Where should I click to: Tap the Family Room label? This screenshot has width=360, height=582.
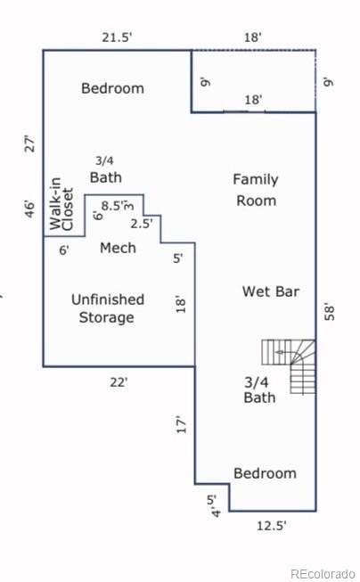256,190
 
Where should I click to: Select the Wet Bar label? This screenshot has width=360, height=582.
271,291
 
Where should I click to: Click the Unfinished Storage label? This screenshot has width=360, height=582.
107,308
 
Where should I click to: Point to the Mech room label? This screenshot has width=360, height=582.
118,247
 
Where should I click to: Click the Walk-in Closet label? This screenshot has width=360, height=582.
61,203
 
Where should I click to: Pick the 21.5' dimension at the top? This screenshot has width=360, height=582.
117,37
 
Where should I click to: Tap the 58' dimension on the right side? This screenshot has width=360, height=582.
331,312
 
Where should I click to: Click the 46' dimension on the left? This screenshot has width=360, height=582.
29,209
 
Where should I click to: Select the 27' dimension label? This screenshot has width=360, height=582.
29,143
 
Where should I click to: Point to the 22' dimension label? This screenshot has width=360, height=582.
118,381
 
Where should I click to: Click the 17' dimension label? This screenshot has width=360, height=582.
181,424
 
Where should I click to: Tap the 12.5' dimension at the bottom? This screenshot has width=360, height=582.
271,526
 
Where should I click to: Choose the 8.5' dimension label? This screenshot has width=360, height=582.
113,206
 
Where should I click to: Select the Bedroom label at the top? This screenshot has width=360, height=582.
112,88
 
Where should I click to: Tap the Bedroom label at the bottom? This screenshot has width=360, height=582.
265,472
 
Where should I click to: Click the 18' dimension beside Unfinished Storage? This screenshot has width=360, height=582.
182,304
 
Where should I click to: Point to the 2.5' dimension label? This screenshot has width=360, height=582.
142,224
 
